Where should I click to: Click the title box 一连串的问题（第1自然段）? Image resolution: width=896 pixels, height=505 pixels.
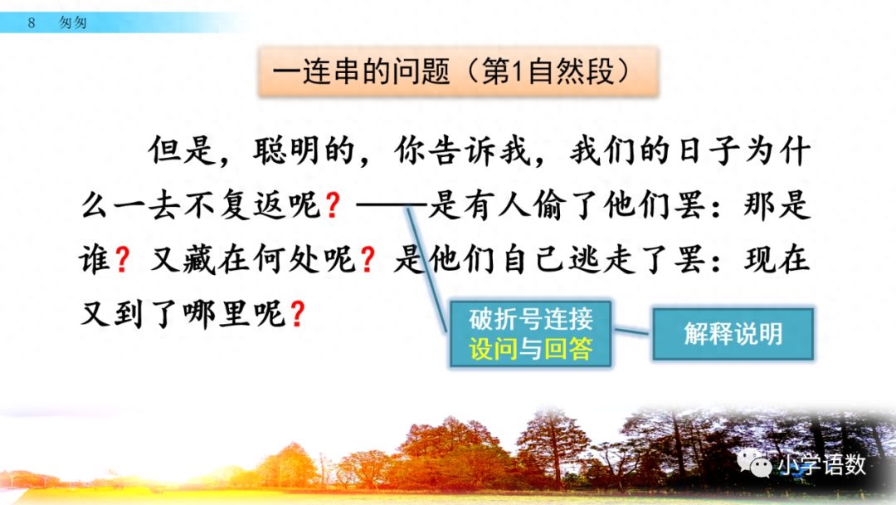tap(458, 72)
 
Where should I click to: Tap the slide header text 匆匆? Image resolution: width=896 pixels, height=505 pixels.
tap(73, 23)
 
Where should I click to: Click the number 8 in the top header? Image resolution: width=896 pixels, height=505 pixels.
tap(32, 23)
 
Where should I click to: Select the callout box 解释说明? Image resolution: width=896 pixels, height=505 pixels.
tap(733, 334)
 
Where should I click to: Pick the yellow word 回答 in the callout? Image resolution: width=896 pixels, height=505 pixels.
tap(568, 349)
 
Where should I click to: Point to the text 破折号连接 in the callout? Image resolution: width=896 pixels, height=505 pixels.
tap(531, 320)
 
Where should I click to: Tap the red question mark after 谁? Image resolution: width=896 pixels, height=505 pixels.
tap(122, 262)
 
